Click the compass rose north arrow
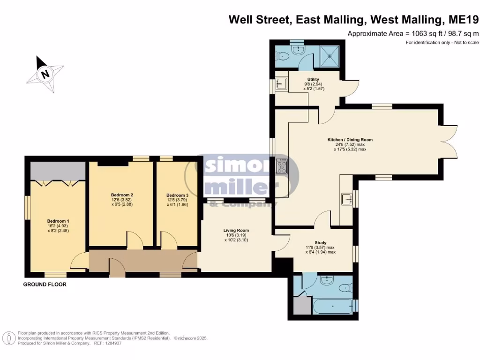[x=45, y=74]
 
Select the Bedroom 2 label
[x=122, y=195]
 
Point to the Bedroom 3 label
[x=177, y=195]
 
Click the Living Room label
[x=236, y=230]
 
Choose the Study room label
[x=321, y=242]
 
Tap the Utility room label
[x=313, y=79]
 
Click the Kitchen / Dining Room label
[x=350, y=140]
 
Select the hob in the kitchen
[x=282, y=166]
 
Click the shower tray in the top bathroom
[x=330, y=56]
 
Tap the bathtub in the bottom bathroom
[x=333, y=306]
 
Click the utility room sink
[x=281, y=83]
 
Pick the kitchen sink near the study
[x=346, y=199]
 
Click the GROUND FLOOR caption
[x=45, y=285]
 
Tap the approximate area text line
[x=413, y=34]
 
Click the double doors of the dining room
[x=448, y=142]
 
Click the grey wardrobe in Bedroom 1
[x=58, y=171]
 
